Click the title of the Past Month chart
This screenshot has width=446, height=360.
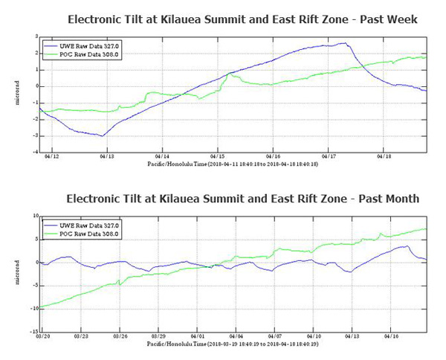point(242,199)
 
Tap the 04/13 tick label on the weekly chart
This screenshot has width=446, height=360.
point(106,157)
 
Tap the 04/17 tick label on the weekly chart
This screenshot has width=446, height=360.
point(329,157)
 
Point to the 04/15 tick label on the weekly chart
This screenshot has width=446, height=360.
point(218,157)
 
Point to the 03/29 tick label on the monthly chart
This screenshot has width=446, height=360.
point(158,337)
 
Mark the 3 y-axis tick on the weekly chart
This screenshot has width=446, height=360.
point(35,36)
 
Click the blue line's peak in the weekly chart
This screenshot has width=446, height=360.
point(343,43)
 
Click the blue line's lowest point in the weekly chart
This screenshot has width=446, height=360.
point(102,135)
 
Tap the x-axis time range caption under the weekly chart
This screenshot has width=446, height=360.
point(233,164)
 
